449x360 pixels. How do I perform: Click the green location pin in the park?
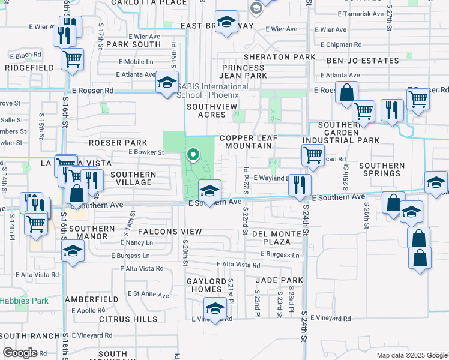[x=193, y=155]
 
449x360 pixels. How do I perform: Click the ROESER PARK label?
[x=118, y=143]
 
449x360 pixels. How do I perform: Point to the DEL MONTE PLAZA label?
[x=271, y=238]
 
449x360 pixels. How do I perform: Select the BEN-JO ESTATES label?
[x=363, y=61]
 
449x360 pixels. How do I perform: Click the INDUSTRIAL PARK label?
[x=341, y=140]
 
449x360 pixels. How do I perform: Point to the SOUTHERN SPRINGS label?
[x=381, y=169]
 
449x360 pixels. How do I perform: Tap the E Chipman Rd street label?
[x=341, y=44]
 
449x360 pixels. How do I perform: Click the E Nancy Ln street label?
[x=137, y=242]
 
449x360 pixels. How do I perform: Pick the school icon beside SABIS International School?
[x=167, y=83]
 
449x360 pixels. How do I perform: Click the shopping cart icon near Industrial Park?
[x=313, y=155]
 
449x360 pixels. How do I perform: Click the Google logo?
[x=19, y=353]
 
